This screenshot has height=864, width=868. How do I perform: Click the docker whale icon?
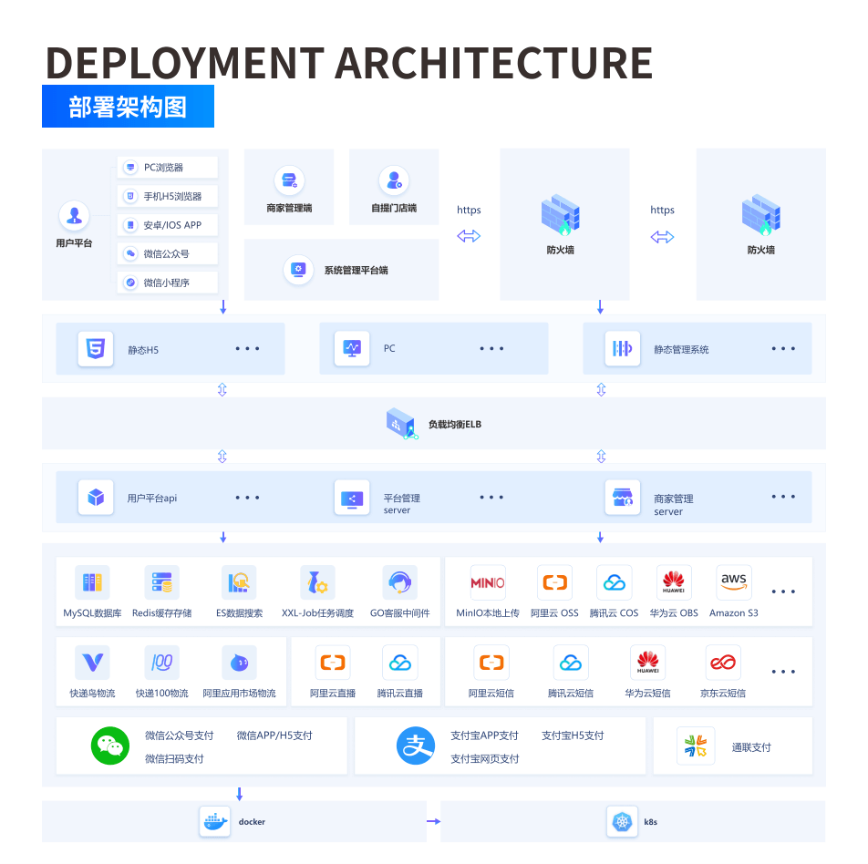click(x=215, y=821)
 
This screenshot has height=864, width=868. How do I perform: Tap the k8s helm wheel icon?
click(x=622, y=821)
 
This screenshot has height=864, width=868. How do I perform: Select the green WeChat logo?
click(x=110, y=746)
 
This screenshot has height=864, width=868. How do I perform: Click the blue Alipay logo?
click(x=416, y=746)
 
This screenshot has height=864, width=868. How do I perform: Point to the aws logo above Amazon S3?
click(x=733, y=582)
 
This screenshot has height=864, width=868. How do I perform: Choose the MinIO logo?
click(x=487, y=582)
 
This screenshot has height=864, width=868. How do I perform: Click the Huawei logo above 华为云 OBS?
click(x=674, y=582)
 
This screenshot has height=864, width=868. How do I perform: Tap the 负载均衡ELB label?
click(x=454, y=425)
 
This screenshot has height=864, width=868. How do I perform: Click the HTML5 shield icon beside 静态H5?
click(x=96, y=349)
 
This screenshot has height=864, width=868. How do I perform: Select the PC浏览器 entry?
click(x=168, y=167)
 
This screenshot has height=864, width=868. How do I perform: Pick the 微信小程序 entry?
click(x=168, y=283)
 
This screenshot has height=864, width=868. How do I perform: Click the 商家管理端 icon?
click(x=290, y=180)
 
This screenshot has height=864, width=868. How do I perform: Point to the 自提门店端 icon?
click(x=394, y=180)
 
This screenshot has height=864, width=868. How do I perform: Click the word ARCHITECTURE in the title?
click(x=494, y=63)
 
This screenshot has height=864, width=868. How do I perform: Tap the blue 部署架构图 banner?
click(x=128, y=107)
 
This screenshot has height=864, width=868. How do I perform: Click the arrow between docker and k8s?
click(x=433, y=821)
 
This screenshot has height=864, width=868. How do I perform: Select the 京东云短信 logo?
click(x=723, y=663)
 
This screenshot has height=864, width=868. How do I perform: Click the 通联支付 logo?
click(x=696, y=746)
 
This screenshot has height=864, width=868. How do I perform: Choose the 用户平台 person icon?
click(x=74, y=216)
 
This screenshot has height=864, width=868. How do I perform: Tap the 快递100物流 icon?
click(x=161, y=663)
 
